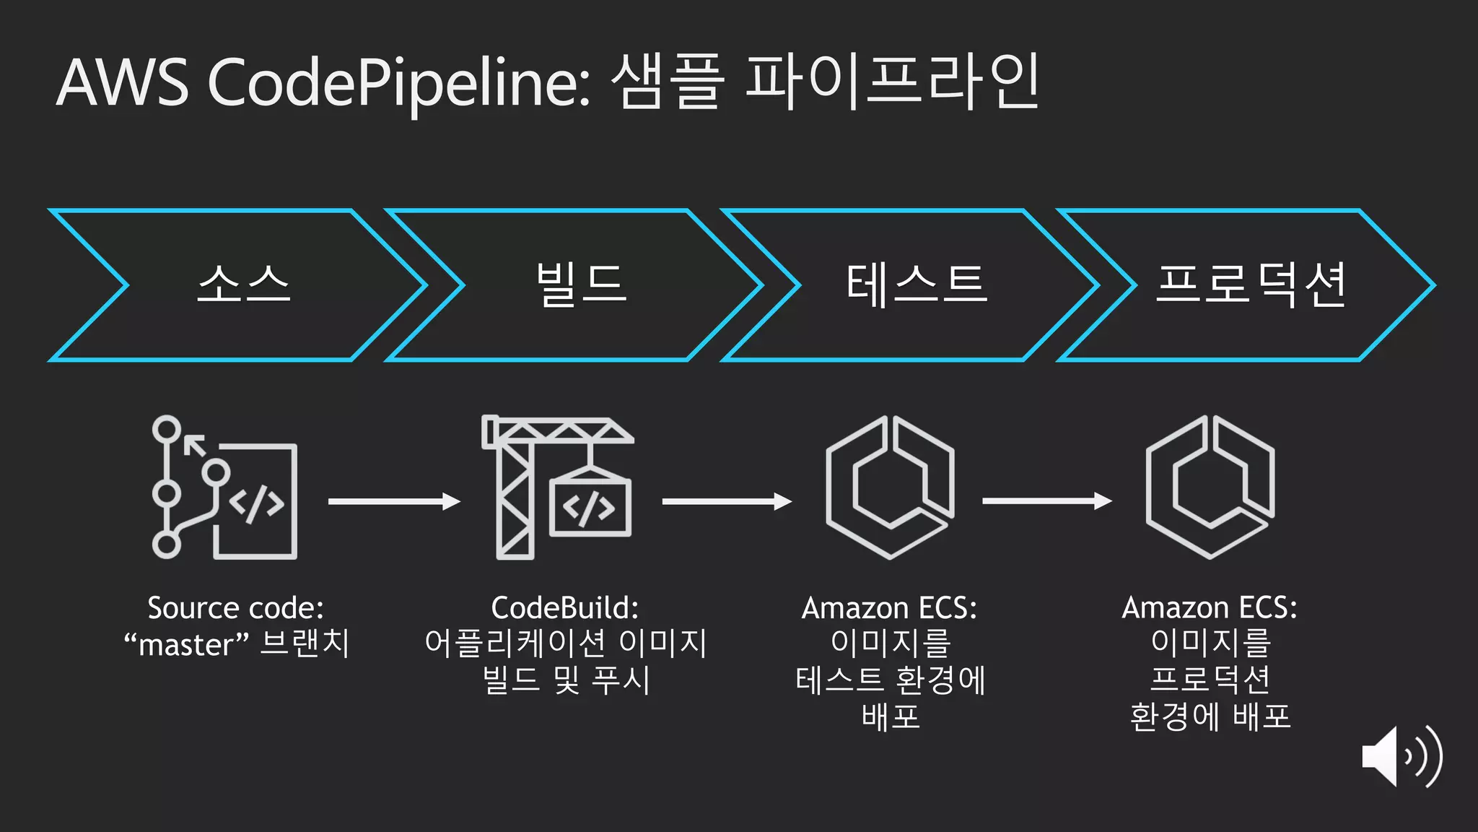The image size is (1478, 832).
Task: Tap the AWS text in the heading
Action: pos(122,84)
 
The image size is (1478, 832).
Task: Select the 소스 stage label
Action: pos(244,284)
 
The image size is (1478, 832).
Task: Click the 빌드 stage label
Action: pos(581,284)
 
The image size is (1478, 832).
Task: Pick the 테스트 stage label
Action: pos(916,284)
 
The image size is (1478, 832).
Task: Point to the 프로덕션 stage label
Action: pos(1251,284)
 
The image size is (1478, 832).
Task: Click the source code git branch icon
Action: pos(224,487)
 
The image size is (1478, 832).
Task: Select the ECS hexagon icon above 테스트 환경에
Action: pos(890,487)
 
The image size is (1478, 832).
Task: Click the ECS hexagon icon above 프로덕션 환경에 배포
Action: pos(1210,487)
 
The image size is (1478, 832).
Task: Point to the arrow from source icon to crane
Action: pos(394,501)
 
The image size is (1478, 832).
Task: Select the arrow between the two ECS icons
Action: pos(1047,500)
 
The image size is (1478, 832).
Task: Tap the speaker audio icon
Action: pos(1401,757)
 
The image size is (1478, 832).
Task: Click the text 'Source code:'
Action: pos(235,608)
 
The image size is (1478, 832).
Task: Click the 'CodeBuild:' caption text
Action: pos(565,608)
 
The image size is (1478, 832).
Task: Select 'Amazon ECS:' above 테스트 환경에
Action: pos(889,608)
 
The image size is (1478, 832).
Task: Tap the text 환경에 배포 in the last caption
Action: pos(1210,716)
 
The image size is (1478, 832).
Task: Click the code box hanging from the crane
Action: pos(590,507)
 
